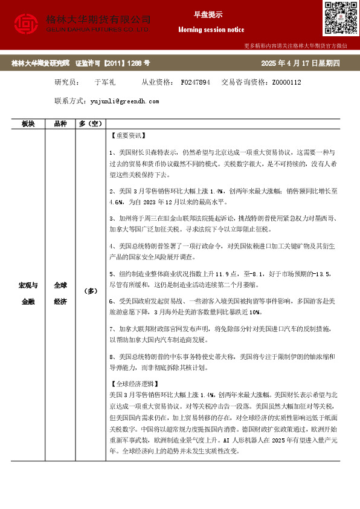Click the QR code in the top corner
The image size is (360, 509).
pyautogui.click(x=338, y=19)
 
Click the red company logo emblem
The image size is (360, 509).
pyautogui.click(x=25, y=23)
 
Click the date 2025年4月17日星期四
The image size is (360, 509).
pyautogui.click(x=301, y=63)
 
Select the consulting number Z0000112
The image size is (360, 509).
pyautogui.click(x=286, y=82)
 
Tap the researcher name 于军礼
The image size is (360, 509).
pyautogui.click(x=105, y=82)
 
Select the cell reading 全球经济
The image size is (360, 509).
pyautogui.click(x=60, y=292)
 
